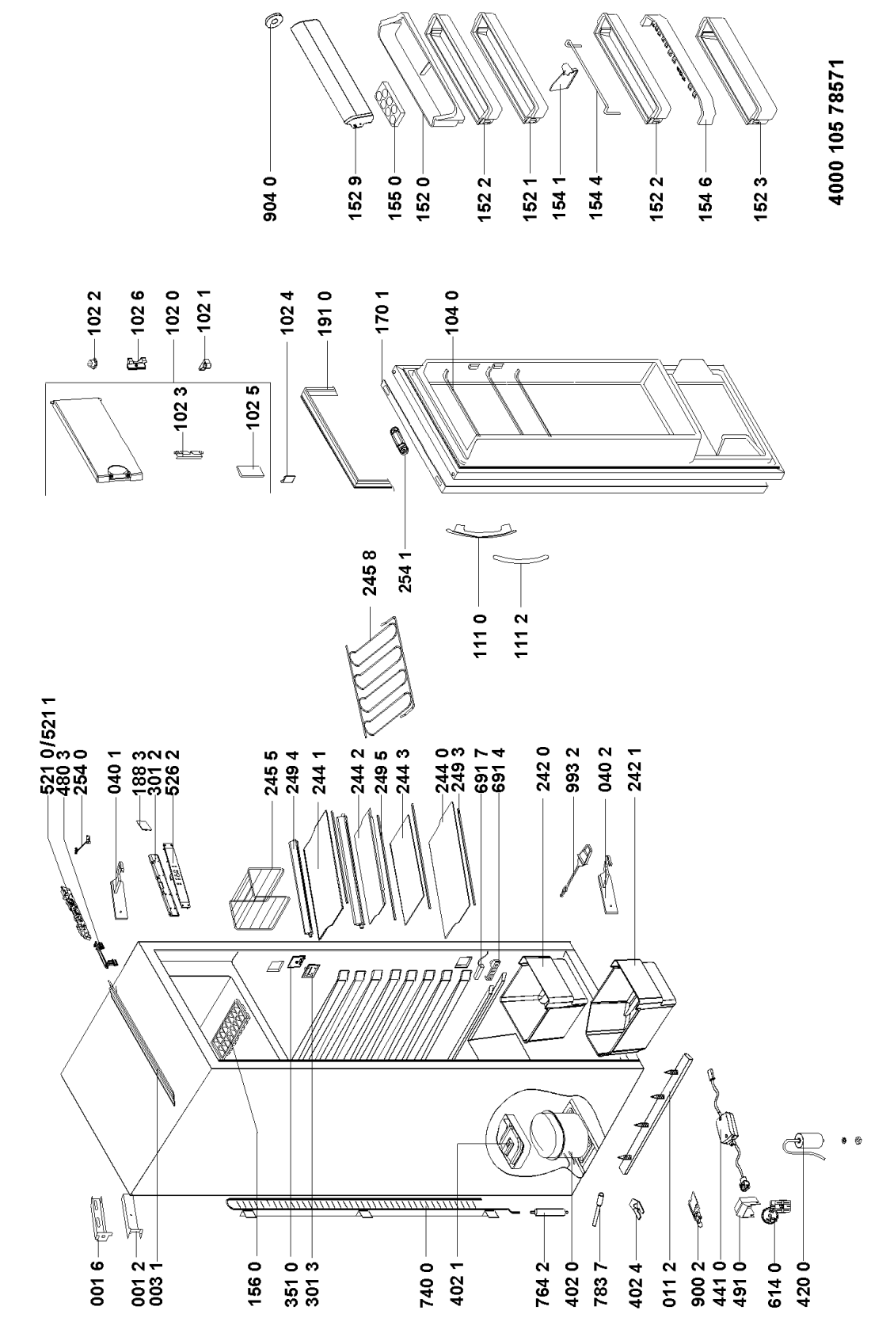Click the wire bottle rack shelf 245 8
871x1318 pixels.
[381, 676]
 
